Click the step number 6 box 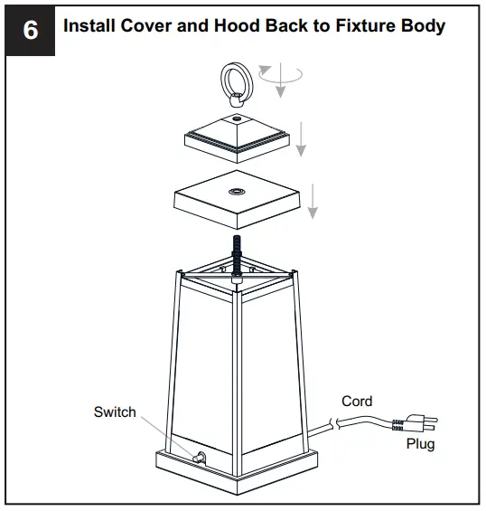(x=30, y=30)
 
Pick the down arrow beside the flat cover (x=312, y=200)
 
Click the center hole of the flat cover (x=238, y=192)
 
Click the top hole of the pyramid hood (x=237, y=118)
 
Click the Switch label (x=115, y=412)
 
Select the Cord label (x=357, y=402)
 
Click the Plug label (x=420, y=444)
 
